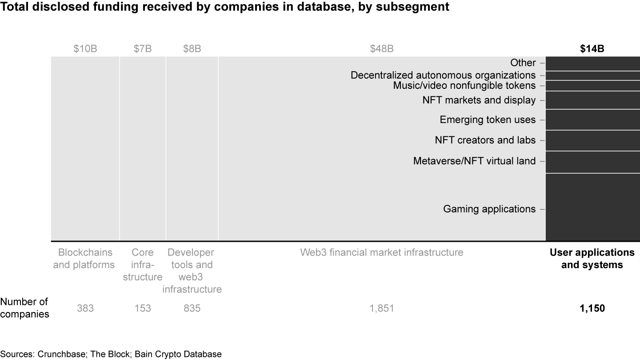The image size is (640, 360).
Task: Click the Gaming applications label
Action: tap(489, 209)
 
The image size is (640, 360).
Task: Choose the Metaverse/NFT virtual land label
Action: tap(474, 161)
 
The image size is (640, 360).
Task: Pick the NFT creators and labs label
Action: tap(485, 140)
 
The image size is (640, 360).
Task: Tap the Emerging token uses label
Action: tap(488, 120)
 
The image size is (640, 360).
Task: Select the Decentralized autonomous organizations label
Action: tap(443, 76)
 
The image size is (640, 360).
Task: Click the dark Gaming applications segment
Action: tap(592, 207)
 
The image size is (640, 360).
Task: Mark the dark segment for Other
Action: tap(592, 64)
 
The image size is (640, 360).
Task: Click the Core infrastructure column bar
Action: tap(143, 149)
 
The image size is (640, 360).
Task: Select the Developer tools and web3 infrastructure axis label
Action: tap(192, 271)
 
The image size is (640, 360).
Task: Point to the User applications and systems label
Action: tap(592, 259)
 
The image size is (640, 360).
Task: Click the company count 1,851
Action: tap(382, 308)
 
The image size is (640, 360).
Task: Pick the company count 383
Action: tap(85, 308)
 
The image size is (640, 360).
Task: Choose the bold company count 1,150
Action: tap(592, 308)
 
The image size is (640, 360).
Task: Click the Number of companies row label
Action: tap(24, 308)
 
